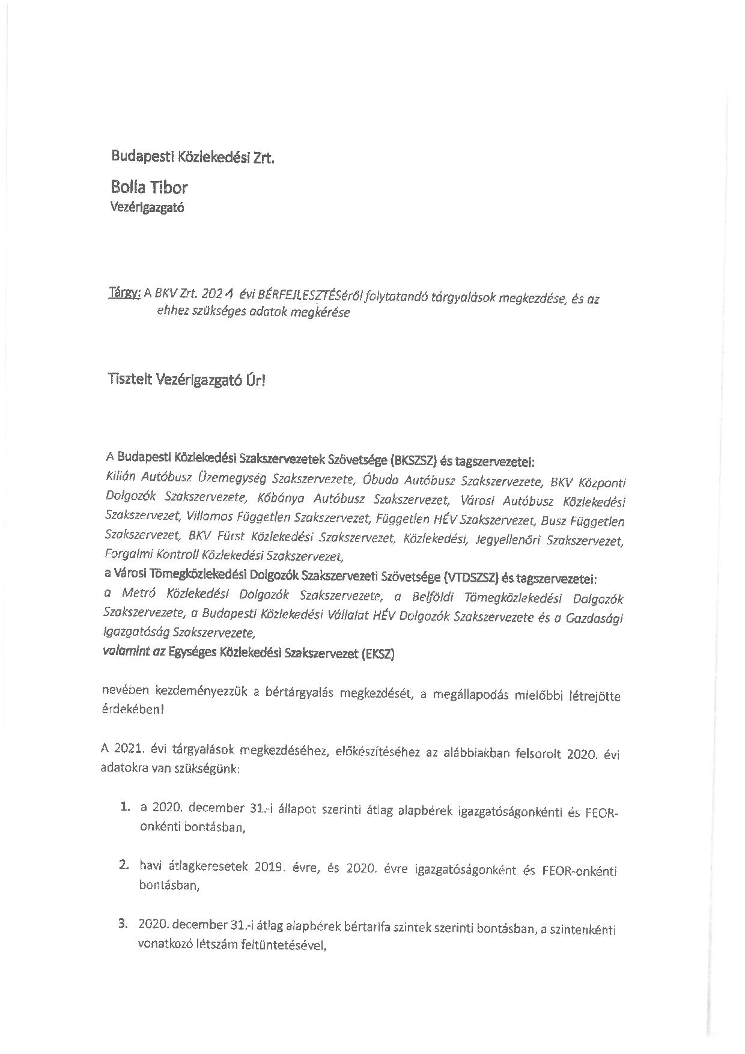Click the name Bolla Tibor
[x=149, y=187]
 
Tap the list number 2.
[x=124, y=866]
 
